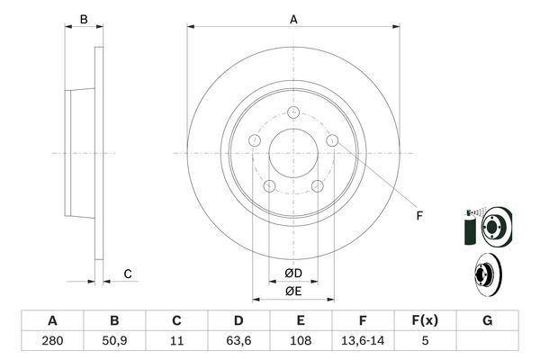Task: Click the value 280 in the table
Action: click(x=52, y=341)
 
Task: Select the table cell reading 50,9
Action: click(x=114, y=341)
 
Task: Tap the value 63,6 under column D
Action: click(x=238, y=341)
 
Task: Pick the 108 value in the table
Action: click(x=301, y=341)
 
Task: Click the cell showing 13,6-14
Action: click(x=364, y=341)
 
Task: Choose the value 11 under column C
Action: click(x=176, y=341)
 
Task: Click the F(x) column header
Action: click(x=426, y=320)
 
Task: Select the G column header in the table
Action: click(x=488, y=320)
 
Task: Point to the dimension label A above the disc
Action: click(x=293, y=18)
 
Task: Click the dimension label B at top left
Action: click(x=84, y=18)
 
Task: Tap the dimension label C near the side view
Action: click(x=128, y=274)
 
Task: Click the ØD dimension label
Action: click(x=293, y=273)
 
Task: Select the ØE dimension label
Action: click(x=293, y=291)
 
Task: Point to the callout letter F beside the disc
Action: click(x=418, y=214)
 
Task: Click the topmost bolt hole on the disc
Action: click(x=293, y=112)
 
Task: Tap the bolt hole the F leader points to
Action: click(x=332, y=140)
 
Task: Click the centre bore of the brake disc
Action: click(x=293, y=153)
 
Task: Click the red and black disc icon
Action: click(x=485, y=274)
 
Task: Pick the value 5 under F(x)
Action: click(x=426, y=341)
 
